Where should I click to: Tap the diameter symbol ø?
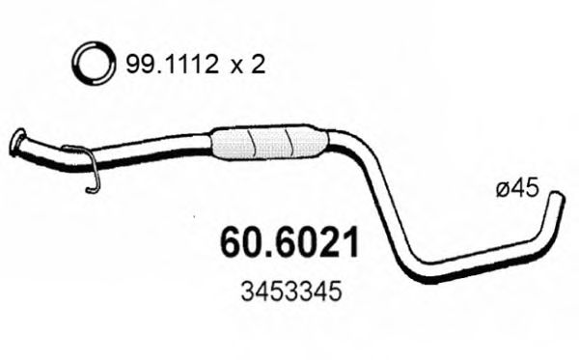pyautogui.click(x=502, y=191)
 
